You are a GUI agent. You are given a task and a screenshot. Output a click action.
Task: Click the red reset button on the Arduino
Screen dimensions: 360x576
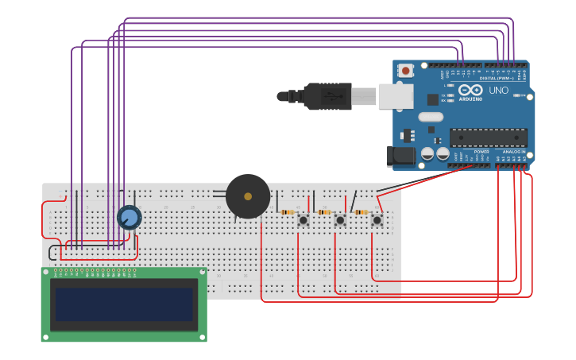[x=406, y=71]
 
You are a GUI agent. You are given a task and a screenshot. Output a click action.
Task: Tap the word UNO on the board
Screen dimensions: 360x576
[x=499, y=91]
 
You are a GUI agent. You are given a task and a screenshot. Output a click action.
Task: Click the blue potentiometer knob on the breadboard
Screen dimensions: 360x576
[x=129, y=217]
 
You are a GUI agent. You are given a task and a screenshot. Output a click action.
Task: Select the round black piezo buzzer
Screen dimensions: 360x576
[x=248, y=196]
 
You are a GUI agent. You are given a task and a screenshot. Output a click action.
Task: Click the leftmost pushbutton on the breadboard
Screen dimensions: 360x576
[x=303, y=219]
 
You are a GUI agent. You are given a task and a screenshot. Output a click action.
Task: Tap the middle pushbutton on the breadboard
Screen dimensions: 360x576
[x=340, y=219]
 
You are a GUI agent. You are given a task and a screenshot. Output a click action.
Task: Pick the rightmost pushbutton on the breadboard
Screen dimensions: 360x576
[x=377, y=219]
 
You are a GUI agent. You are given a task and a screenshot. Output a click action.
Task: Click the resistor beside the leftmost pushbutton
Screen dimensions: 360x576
[x=288, y=212]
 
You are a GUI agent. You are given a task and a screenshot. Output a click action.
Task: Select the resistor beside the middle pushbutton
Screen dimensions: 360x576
[x=324, y=212]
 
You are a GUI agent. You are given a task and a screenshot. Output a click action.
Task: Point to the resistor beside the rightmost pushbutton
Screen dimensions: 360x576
[x=361, y=212]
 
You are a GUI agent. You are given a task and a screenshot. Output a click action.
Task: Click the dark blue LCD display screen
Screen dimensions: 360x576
[x=124, y=304]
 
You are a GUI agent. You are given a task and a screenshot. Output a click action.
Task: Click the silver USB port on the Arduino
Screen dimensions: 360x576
[x=395, y=96]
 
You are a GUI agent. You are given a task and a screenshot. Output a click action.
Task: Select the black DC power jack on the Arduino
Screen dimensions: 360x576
[x=400, y=156]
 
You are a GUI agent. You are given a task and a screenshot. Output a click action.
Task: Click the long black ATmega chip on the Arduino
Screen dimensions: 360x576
[x=488, y=137]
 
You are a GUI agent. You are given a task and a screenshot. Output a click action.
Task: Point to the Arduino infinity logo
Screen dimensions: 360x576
[x=470, y=90]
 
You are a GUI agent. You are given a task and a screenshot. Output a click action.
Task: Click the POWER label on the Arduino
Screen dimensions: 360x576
[x=481, y=151]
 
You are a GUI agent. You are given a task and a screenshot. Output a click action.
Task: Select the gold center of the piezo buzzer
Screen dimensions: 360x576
[x=248, y=196]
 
